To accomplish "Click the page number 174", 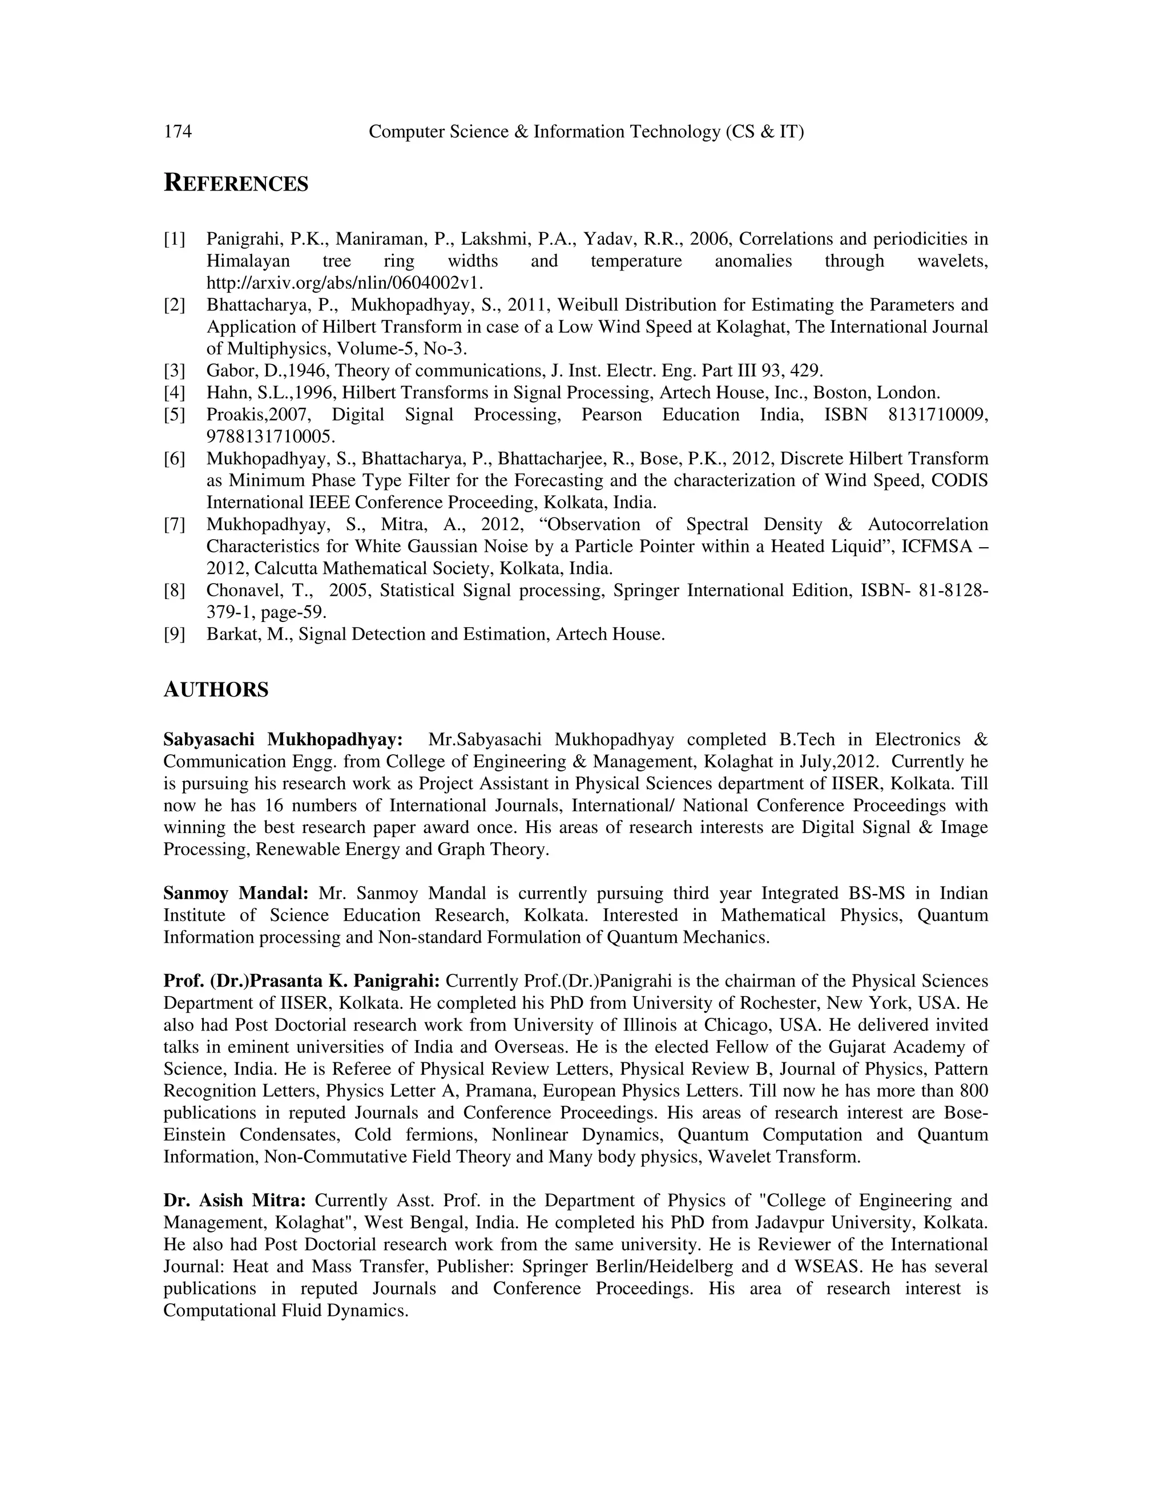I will (178, 132).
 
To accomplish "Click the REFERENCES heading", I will (236, 184).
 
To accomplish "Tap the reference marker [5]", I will (175, 415).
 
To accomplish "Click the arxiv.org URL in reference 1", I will (344, 283).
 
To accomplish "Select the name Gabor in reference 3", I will (227, 371).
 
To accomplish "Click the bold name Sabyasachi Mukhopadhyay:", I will (283, 740).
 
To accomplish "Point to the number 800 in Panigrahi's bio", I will (974, 1091).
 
